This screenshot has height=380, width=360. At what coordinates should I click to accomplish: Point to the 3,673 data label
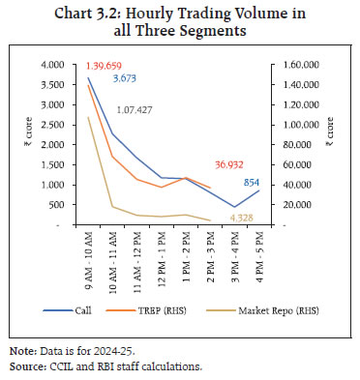tap(127, 76)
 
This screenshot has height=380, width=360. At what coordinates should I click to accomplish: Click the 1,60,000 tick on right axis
tap(301, 65)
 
